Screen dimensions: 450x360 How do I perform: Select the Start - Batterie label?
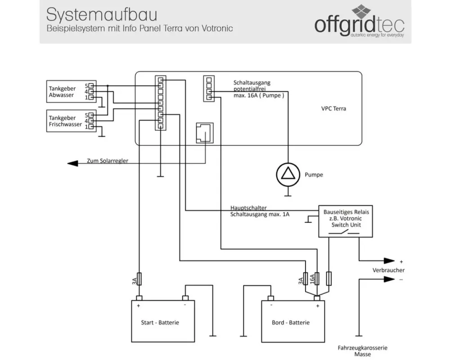pos(160,322)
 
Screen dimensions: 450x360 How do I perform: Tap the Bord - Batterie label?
pos(290,322)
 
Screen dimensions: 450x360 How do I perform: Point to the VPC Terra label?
pos(333,108)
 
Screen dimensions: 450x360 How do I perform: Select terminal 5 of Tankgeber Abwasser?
pos(91,85)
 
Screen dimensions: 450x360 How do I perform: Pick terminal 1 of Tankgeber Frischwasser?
pos(91,126)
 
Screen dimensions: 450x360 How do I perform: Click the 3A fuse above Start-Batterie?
pos(139,279)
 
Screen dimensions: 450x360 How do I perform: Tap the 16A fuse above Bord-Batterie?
pos(317,279)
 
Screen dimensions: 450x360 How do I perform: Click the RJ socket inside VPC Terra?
pos(205,133)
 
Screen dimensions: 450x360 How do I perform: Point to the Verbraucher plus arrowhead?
pos(389,261)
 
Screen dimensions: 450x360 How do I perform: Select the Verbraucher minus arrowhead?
pos(389,279)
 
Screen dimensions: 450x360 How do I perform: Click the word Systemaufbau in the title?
pos(102,15)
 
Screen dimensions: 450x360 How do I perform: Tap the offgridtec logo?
pos(360,22)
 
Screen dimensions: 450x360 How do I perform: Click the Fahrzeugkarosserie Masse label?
pos(362,351)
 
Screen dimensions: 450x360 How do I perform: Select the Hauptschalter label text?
pos(248,207)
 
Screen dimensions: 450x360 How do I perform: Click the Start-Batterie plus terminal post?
pos(139,298)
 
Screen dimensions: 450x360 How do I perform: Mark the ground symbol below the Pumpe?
pos(288,196)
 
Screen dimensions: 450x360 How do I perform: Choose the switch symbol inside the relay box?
pos(344,233)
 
